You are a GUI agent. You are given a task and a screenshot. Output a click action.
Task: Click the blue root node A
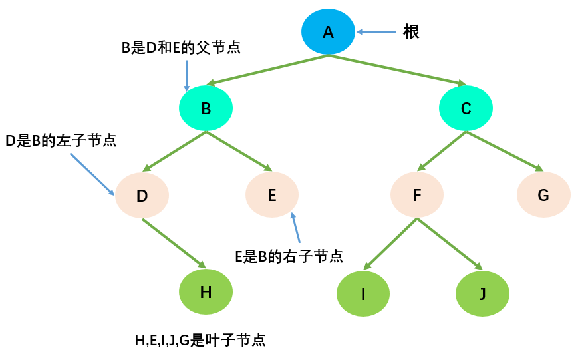pyautogui.click(x=328, y=31)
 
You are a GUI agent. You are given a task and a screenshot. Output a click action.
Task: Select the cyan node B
pyautogui.click(x=206, y=108)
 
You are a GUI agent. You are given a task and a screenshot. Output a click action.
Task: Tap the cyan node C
pyautogui.click(x=466, y=108)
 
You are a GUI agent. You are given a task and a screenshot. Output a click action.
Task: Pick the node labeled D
pyautogui.click(x=142, y=196)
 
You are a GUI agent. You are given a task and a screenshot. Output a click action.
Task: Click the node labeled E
pyautogui.click(x=272, y=195)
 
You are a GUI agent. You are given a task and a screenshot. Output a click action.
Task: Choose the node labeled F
pyautogui.click(x=417, y=195)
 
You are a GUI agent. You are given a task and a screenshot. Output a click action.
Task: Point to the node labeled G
pyautogui.click(x=543, y=195)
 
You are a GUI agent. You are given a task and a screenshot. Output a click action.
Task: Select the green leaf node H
pyautogui.click(x=206, y=291)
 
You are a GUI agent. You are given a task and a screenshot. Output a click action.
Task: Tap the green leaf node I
pyautogui.click(x=363, y=293)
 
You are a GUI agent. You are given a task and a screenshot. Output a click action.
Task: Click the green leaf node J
pyautogui.click(x=482, y=293)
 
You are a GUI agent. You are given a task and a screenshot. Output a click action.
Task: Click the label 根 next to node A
pyautogui.click(x=411, y=31)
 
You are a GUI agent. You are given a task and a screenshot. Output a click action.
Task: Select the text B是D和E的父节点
pyautogui.click(x=181, y=48)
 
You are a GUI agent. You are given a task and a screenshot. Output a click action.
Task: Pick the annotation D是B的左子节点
pyautogui.click(x=61, y=140)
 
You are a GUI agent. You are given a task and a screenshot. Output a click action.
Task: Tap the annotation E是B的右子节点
pyautogui.click(x=289, y=256)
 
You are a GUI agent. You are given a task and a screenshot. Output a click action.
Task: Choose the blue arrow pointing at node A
pyautogui.click(x=378, y=31)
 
